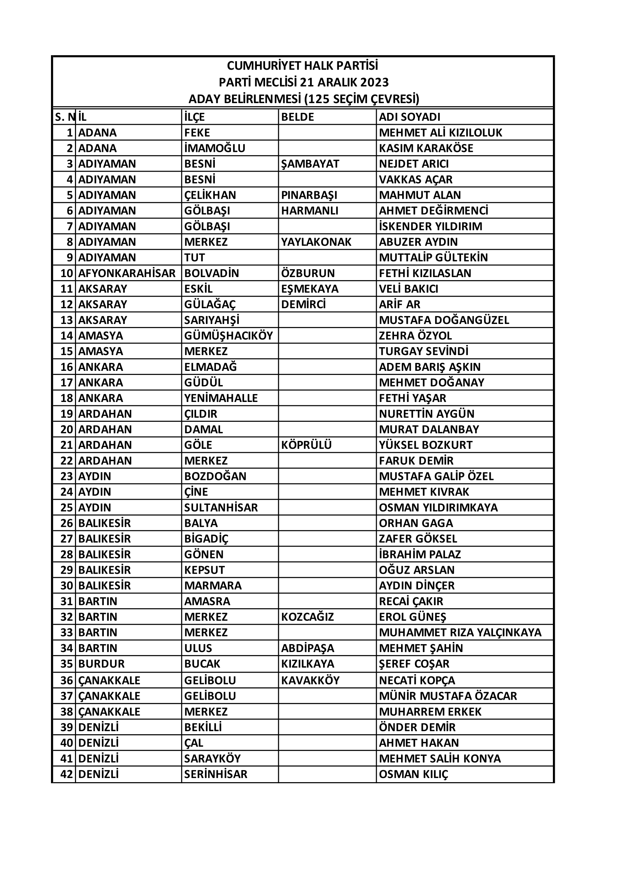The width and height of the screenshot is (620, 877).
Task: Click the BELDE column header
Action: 297,117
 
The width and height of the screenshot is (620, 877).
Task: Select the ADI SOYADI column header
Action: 410,117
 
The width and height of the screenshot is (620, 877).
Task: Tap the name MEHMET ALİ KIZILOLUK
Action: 440,132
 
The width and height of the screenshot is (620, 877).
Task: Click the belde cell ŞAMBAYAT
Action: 310,164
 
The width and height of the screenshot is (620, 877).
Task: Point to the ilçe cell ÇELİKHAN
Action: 210,195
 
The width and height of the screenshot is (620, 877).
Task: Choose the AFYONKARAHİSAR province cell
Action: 127,273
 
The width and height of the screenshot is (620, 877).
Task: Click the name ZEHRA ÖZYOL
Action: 415,336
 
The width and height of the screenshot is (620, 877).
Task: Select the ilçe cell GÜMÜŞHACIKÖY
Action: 229,336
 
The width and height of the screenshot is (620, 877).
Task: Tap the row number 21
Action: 66,445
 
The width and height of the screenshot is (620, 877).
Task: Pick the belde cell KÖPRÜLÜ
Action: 306,445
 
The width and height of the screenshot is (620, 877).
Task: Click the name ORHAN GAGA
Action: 416,523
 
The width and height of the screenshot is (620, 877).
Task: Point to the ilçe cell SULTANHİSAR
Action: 221,508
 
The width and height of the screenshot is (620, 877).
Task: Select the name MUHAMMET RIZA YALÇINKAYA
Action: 460,633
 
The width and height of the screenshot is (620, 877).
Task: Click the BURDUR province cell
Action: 102,664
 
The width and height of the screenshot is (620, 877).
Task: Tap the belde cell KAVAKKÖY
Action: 310,680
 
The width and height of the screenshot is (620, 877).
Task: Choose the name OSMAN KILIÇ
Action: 413,774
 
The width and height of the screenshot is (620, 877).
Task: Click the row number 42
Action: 66,774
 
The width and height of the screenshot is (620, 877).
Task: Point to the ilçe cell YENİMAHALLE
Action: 221,398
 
